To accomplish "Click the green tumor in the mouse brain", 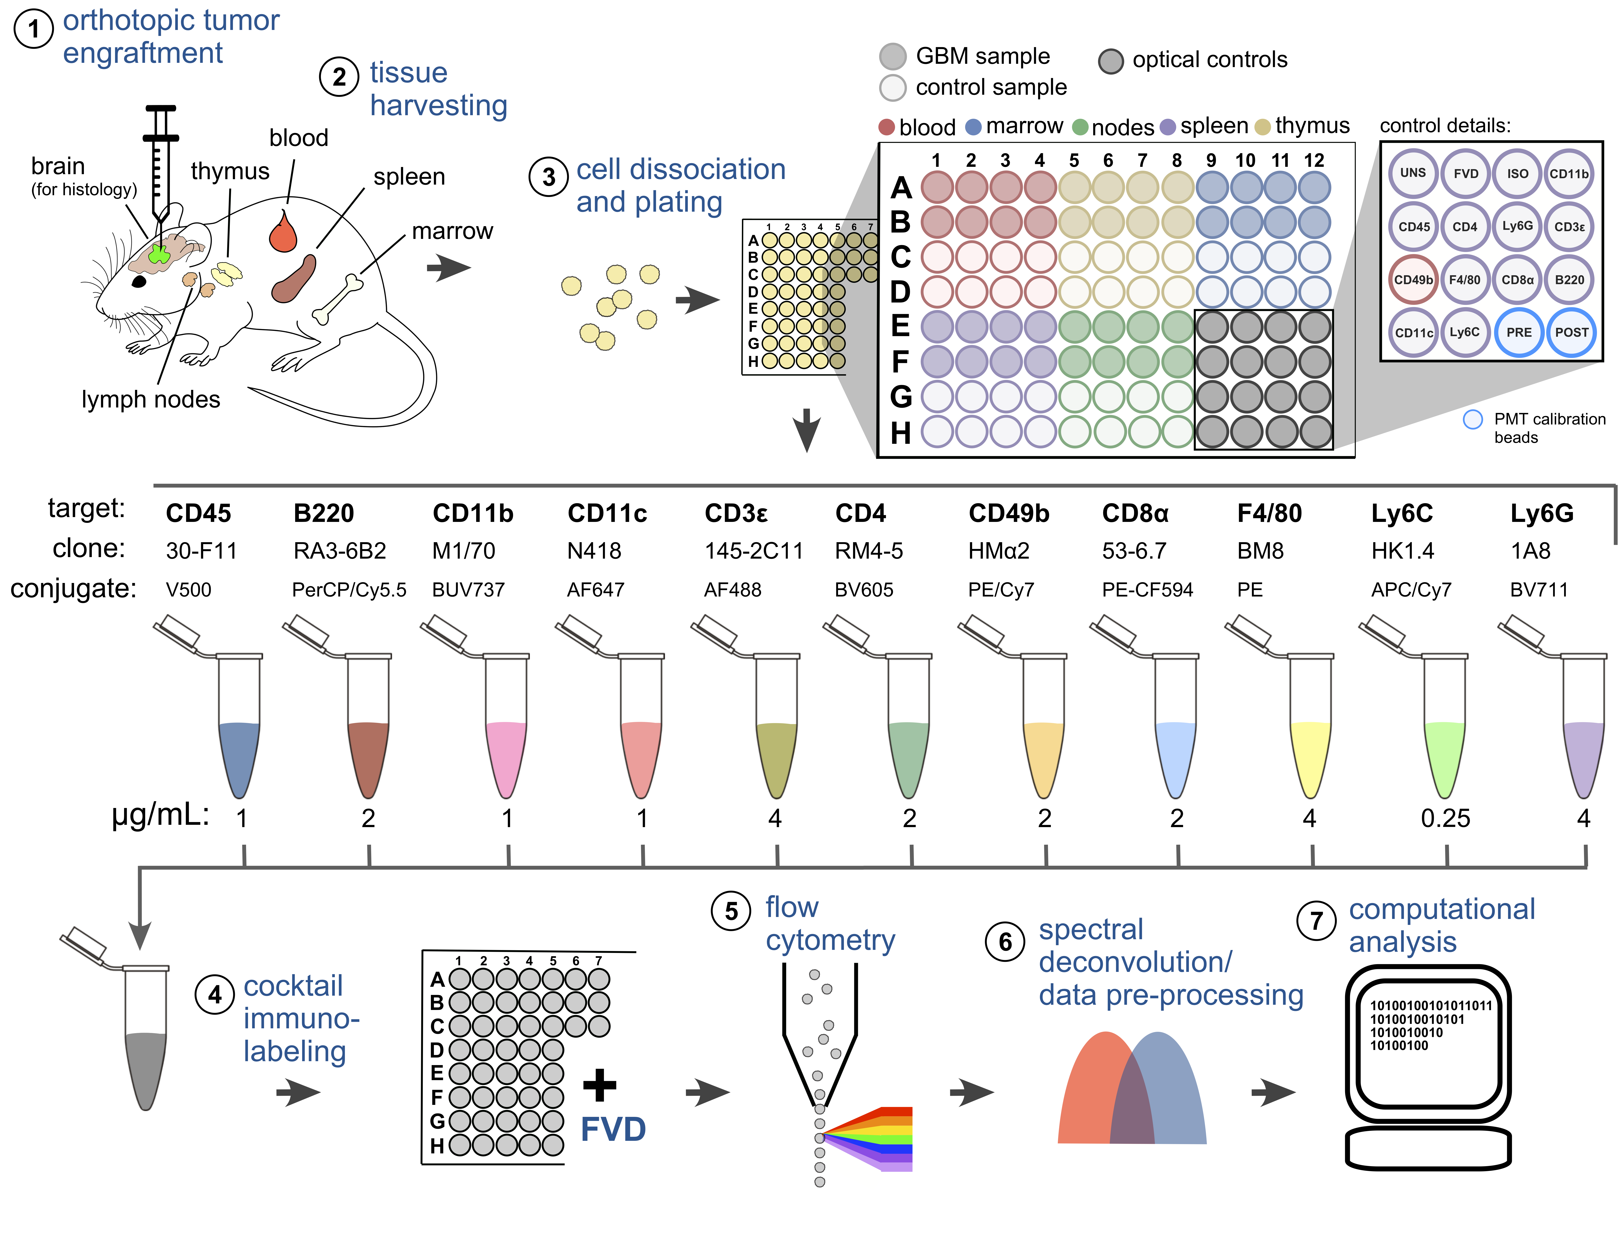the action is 159,254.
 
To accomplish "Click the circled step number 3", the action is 549,177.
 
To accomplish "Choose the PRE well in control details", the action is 1518,332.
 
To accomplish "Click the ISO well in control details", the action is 1518,173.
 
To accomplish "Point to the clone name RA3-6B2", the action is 339,551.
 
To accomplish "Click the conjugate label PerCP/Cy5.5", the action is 349,590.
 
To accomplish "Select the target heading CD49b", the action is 1008,513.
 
